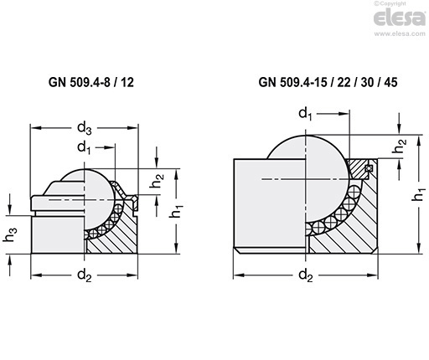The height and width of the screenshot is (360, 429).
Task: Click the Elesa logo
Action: coord(400,18)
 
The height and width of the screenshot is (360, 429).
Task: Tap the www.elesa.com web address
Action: coord(400,33)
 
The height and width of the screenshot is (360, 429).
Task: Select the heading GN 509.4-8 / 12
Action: coord(91,82)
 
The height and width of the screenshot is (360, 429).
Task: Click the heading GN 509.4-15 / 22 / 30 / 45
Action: coord(328,82)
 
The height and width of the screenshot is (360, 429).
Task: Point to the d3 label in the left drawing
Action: coord(85,128)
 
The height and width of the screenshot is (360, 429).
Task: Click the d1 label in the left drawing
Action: coord(85,148)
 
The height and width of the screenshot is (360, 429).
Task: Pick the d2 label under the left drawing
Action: coord(85,275)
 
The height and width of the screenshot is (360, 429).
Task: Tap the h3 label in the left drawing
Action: coord(10,234)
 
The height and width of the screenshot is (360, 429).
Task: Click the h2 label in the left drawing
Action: coord(157,181)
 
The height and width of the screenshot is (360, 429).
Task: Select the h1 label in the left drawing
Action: coord(177,211)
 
